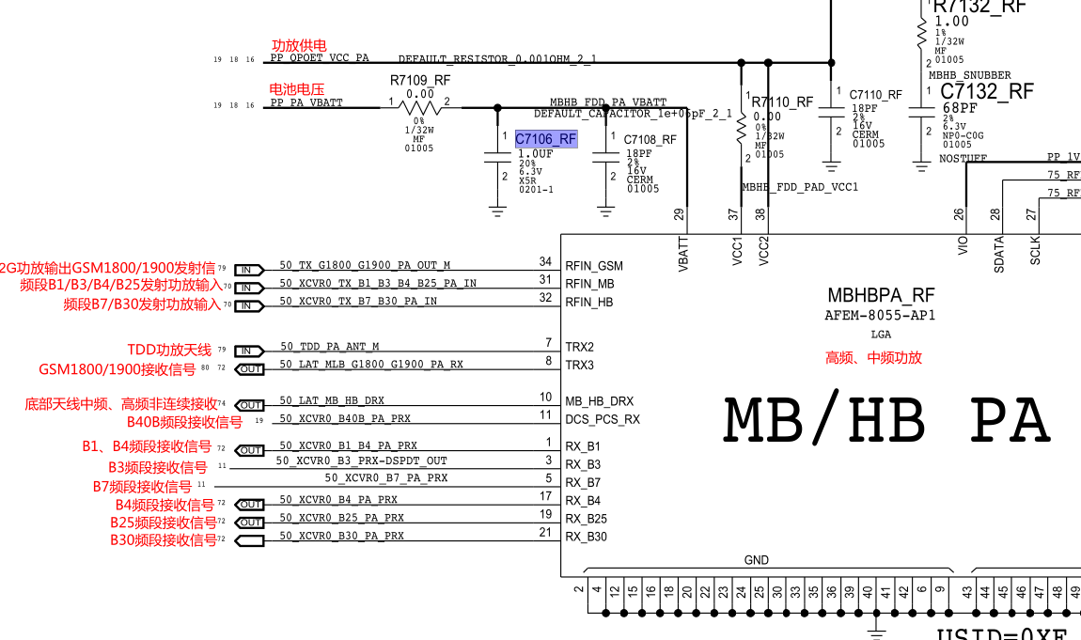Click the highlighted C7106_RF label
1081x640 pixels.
[x=546, y=139]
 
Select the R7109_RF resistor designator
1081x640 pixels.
[x=420, y=81]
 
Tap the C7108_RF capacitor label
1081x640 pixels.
[x=650, y=139]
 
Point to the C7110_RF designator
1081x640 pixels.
[x=875, y=95]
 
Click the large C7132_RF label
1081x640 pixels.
[x=986, y=91]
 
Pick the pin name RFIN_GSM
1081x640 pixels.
[x=593, y=266]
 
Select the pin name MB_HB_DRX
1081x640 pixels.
[x=599, y=400]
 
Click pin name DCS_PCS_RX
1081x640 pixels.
[x=602, y=419]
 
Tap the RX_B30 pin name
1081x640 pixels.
[x=586, y=537]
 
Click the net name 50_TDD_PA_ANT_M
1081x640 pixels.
[x=329, y=347]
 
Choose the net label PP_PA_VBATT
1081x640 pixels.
[x=306, y=102]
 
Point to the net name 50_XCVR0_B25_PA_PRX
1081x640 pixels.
[x=341, y=518]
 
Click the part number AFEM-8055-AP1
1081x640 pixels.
[x=880, y=316]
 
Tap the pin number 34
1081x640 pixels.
[x=545, y=262]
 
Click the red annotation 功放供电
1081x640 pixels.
[x=299, y=45]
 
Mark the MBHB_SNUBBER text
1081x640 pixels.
[x=969, y=75]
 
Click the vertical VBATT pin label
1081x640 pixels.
[x=683, y=255]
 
